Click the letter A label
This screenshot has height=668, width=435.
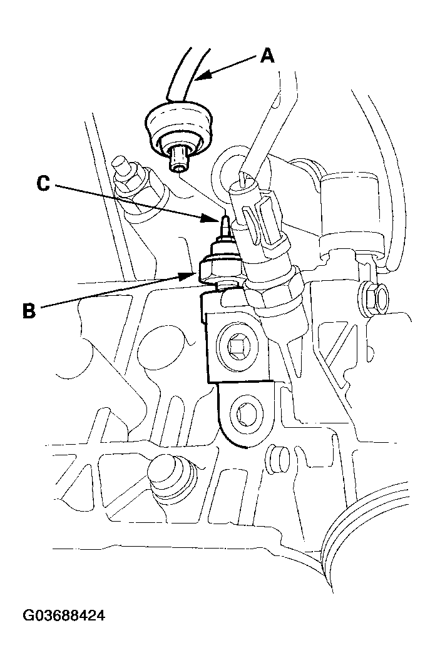tap(267, 56)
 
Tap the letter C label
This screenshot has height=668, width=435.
tap(43, 184)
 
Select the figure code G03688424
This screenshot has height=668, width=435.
tap(64, 616)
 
